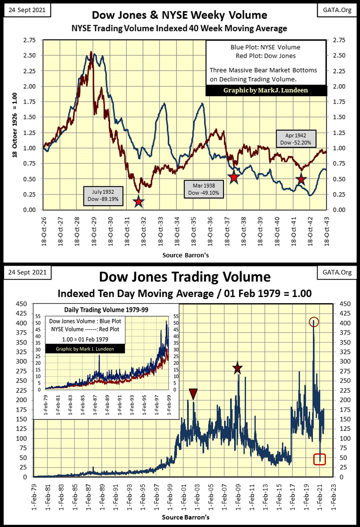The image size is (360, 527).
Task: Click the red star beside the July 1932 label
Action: click(x=138, y=201)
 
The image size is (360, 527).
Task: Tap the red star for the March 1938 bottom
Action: click(x=234, y=177)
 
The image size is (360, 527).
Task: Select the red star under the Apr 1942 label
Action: click(x=301, y=179)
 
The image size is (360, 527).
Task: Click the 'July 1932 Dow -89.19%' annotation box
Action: click(x=102, y=196)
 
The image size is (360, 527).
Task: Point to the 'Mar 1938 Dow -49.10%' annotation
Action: click(x=204, y=189)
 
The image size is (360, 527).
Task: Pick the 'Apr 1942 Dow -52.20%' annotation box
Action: click(x=296, y=139)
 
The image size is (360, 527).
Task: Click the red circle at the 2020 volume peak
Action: click(x=314, y=322)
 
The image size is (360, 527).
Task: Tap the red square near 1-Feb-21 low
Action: click(x=320, y=459)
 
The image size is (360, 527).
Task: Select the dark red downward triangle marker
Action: click(x=193, y=394)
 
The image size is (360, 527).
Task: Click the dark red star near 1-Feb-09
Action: click(x=237, y=368)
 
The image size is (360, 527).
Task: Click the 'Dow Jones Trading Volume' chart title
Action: click(x=185, y=277)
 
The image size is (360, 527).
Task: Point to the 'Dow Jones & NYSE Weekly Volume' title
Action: click(x=179, y=15)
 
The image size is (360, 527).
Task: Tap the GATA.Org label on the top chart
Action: click(x=337, y=10)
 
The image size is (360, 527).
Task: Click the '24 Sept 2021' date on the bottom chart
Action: click(x=27, y=272)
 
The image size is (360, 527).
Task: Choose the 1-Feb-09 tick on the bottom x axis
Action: click(x=238, y=493)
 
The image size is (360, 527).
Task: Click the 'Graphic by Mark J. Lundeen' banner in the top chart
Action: click(x=266, y=90)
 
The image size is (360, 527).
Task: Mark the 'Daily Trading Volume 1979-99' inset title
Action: click(x=106, y=310)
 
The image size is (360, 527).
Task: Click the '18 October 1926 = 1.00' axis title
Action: click(x=15, y=125)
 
